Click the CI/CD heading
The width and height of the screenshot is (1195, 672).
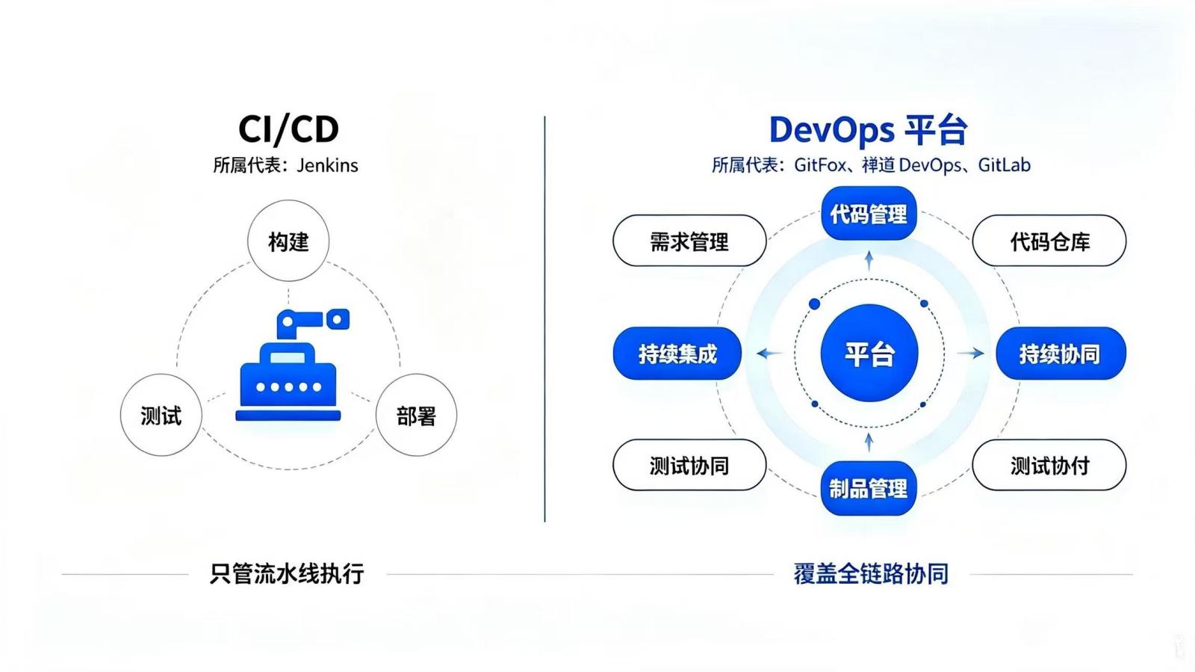tap(288, 129)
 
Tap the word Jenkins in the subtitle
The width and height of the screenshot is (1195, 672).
tap(327, 165)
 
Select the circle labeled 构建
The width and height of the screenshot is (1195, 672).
tap(288, 241)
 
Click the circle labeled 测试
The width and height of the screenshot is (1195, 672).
tap(161, 415)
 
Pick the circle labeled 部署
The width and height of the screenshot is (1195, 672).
tap(416, 415)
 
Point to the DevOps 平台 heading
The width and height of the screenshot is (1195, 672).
tap(868, 130)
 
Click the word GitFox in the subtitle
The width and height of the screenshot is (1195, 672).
tap(820, 165)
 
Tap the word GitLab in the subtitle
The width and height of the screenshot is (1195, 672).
tap(1004, 165)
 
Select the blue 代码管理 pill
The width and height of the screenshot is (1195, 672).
tap(869, 214)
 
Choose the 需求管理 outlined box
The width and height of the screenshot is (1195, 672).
tap(689, 241)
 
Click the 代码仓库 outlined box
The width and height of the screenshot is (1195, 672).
tap(1049, 241)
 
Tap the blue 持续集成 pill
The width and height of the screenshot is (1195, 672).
tap(677, 354)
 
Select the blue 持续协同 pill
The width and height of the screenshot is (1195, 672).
tap(1061, 354)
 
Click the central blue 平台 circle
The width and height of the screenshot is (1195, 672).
tap(869, 353)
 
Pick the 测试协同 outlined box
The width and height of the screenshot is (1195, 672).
tap(689, 465)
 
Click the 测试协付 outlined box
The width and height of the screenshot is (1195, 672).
tap(1049, 465)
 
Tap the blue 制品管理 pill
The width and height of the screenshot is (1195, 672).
tap(869, 488)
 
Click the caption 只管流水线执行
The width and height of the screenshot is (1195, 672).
tap(287, 574)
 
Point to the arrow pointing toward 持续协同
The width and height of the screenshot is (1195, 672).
tap(970, 353)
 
